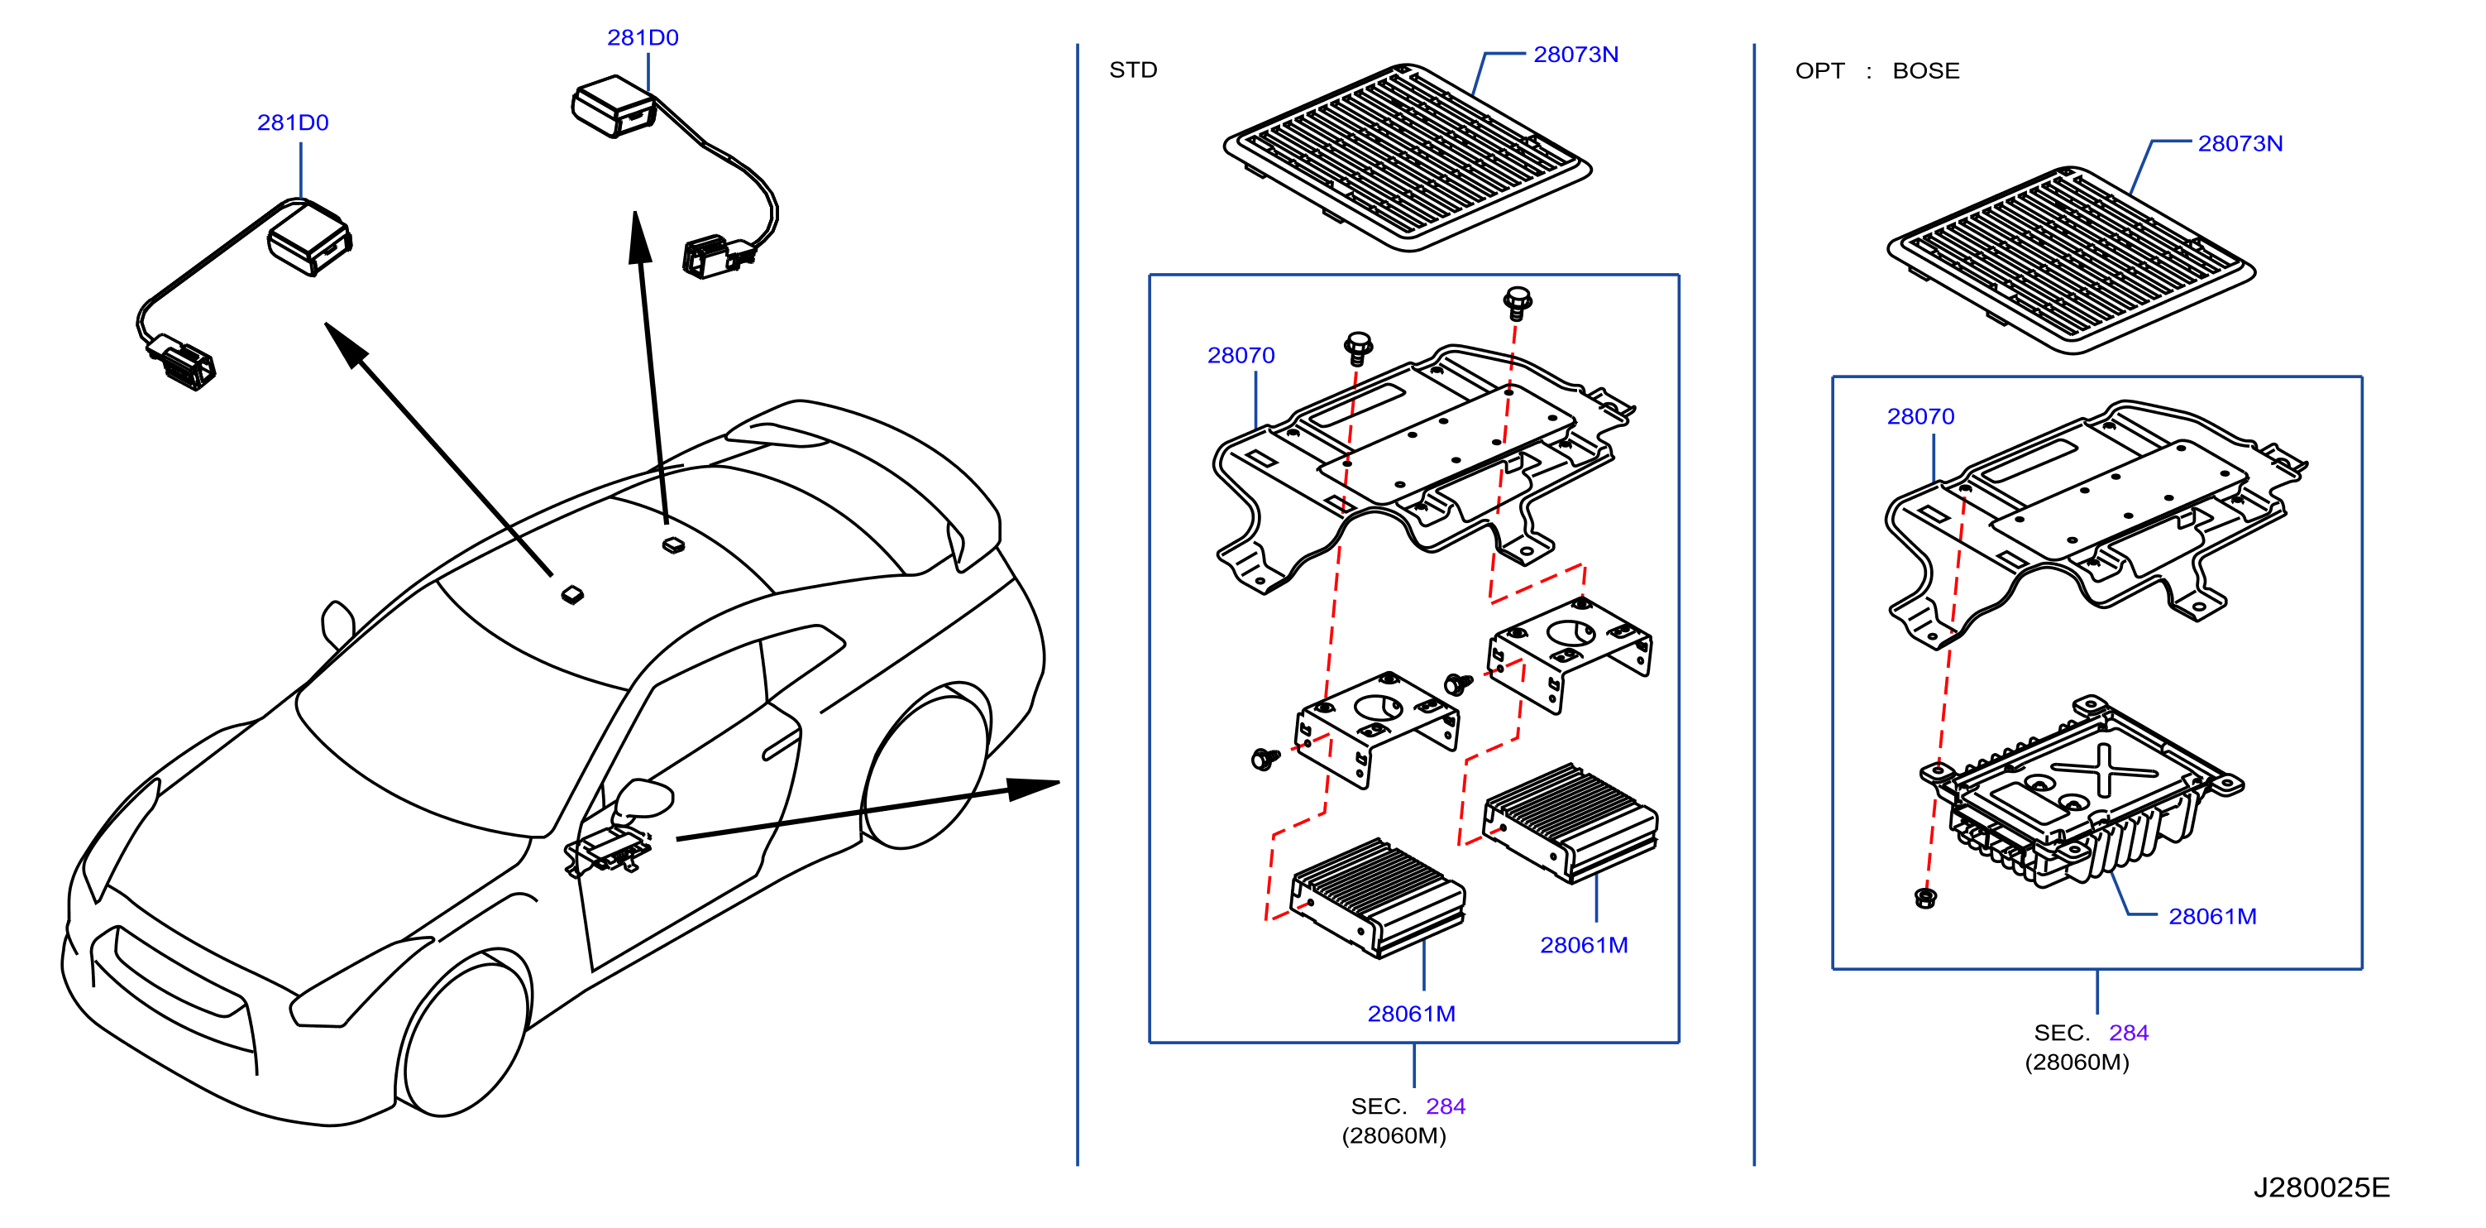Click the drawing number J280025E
click(x=2321, y=1187)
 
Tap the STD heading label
click(x=1133, y=70)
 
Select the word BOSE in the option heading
click(x=1925, y=70)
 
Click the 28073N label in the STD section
click(x=1576, y=54)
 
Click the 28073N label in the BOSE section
click(x=2240, y=143)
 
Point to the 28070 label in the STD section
click(x=1241, y=355)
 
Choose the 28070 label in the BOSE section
click(x=1920, y=416)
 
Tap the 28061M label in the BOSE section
click(x=2213, y=916)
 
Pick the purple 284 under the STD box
click(x=1446, y=1106)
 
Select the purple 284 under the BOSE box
click(x=2129, y=1032)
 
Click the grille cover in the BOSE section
click(x=2071, y=260)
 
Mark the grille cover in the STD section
click(x=1407, y=157)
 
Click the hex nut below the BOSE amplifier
click(x=1925, y=898)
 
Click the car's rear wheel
click(x=926, y=768)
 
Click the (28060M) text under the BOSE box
click(x=2077, y=1062)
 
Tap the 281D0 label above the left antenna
click(x=293, y=122)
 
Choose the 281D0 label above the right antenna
click(x=643, y=38)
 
